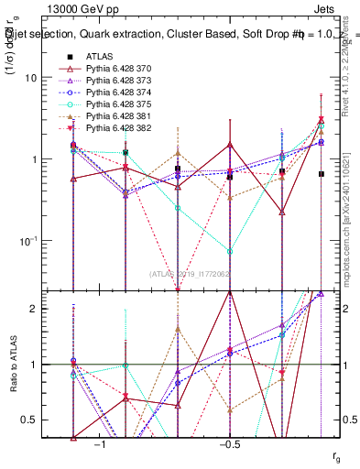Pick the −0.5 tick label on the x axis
click(x=228, y=444)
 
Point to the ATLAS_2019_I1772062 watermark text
click(x=189, y=273)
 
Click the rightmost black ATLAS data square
click(x=321, y=174)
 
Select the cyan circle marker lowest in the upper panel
click(x=230, y=251)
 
